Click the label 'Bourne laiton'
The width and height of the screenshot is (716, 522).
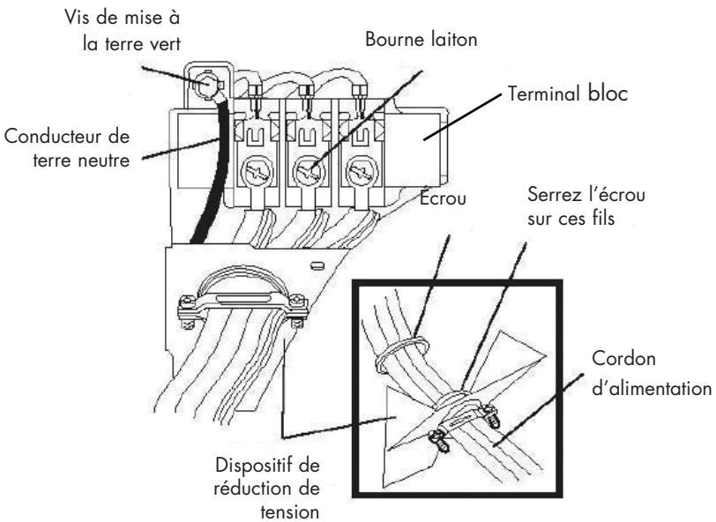coord(421,40)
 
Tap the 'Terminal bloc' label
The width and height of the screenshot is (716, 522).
coord(568,94)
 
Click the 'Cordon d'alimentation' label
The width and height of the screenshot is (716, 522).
coord(652,373)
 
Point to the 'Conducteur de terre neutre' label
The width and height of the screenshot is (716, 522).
coord(67,148)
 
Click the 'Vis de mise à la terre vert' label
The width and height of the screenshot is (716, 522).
coord(123,31)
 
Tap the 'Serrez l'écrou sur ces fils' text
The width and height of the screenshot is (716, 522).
coord(586,206)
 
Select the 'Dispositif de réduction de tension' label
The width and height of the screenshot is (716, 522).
coord(267,488)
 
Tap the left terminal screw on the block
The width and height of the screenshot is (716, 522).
coord(257,172)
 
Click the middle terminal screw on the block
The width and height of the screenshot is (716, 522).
coord(309,173)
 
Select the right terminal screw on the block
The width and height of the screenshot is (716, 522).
coord(361,173)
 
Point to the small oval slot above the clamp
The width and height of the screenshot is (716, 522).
coord(315,265)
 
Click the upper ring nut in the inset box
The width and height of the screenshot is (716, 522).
coord(402,351)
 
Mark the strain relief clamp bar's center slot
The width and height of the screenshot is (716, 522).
coord(242,299)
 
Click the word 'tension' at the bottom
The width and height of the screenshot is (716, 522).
coord(289,511)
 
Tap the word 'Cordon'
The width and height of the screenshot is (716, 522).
coord(623,359)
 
